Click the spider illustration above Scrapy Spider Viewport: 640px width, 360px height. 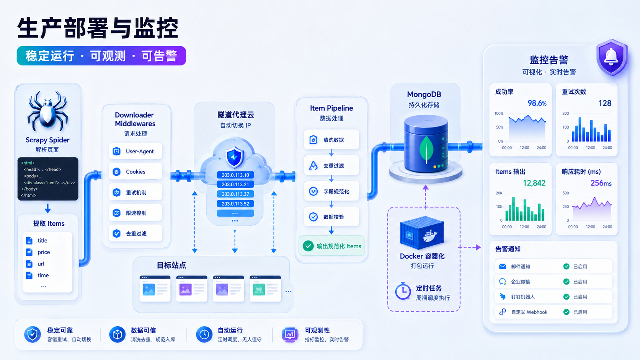click(47, 111)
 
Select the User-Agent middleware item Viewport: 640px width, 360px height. click(136, 151)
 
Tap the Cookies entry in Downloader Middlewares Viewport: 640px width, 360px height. click(136, 171)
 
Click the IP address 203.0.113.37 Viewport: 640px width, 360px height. click(235, 194)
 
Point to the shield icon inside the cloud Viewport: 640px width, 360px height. click(234, 157)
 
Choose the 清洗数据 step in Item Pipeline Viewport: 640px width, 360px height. click(331, 140)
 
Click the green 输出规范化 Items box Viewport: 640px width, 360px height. click(332, 246)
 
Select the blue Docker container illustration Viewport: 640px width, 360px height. click(422, 233)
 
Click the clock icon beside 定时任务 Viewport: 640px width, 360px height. click(403, 291)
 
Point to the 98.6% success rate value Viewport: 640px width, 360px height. click(537, 103)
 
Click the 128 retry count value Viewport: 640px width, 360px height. click(605, 103)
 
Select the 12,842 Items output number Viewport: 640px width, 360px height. click(534, 183)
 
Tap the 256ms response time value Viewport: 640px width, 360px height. click(601, 183)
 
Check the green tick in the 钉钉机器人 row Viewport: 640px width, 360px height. click(566, 297)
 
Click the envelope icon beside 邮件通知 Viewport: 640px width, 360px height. click(503, 266)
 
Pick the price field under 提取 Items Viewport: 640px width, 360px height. click(44, 252)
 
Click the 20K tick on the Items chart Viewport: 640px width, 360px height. click(499, 193)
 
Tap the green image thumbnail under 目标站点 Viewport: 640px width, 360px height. click(259, 290)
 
